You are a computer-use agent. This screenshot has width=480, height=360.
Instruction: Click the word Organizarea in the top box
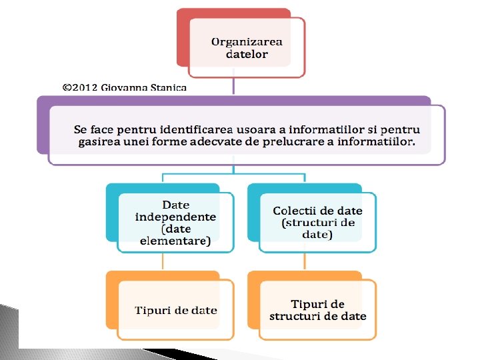[247, 41]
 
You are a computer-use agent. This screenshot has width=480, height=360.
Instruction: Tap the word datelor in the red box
[247, 54]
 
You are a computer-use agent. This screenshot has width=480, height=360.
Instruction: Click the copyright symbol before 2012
[67, 87]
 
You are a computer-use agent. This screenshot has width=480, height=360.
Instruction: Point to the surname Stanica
[169, 87]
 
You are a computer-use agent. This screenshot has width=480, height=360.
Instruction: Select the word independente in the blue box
[175, 217]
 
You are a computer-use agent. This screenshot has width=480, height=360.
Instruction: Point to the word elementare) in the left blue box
[175, 241]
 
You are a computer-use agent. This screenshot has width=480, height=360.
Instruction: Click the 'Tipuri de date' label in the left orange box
[176, 310]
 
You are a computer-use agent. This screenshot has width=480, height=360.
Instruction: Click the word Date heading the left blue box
[176, 205]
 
